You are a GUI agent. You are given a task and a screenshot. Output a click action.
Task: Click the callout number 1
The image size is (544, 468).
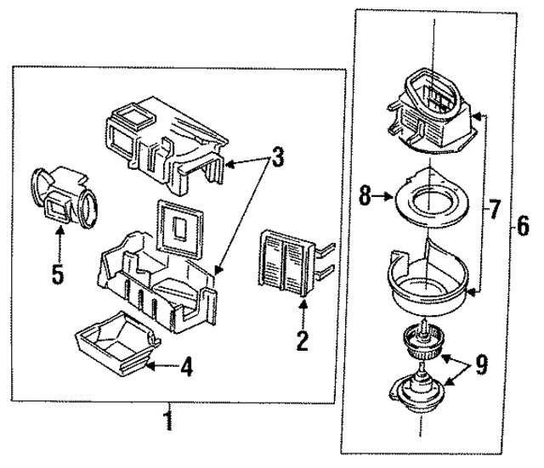tap(169, 420)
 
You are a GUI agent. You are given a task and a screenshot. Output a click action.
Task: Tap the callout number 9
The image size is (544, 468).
tap(481, 365)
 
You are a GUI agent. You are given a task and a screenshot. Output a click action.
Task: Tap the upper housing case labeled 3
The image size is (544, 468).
tap(161, 139)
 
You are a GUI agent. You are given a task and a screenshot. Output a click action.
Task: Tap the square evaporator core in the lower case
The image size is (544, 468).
tap(180, 228)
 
